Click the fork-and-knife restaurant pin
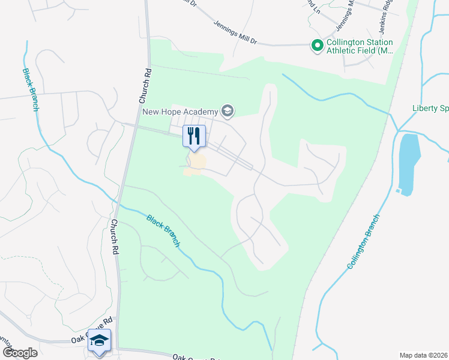click(x=194, y=136)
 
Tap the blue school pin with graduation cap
click(x=99, y=341)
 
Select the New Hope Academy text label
click(x=181, y=111)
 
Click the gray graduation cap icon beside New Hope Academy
click(x=227, y=110)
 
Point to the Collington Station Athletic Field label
click(x=359, y=46)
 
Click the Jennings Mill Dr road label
click(x=235, y=33)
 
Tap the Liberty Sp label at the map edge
click(x=430, y=109)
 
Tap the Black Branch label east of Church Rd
click(x=163, y=230)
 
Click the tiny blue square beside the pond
click(x=398, y=191)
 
